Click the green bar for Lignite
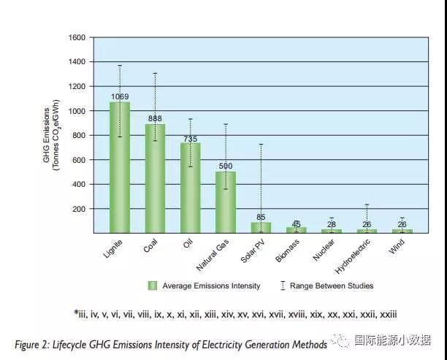[119, 168]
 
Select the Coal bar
[155, 179]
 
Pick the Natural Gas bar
[226, 202]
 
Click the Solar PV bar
[261, 227]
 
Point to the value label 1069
[120, 96]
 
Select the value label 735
[190, 138]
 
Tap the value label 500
[226, 166]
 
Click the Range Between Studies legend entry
[332, 286]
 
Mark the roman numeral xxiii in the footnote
[386, 314]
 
